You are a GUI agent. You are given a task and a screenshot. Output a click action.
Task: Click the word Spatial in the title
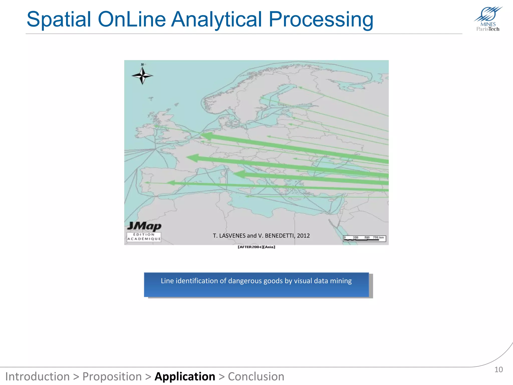(59, 20)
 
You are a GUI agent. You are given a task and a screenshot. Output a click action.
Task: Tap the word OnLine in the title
(132, 20)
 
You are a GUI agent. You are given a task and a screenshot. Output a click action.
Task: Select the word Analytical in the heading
(217, 20)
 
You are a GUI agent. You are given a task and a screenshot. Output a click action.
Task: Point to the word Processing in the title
(321, 20)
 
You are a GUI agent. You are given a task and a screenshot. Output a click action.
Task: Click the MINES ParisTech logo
(488, 19)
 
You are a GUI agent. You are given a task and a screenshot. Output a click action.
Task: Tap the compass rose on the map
(142, 75)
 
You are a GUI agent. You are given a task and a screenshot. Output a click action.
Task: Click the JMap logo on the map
(144, 226)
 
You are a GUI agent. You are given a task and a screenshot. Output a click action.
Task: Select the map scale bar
(364, 238)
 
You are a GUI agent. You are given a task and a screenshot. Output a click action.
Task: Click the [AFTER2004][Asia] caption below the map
(256, 247)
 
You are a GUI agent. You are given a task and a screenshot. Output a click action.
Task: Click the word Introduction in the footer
(38, 376)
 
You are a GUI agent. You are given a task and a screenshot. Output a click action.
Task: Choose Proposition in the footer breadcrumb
(112, 376)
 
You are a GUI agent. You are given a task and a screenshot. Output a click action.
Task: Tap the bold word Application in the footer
(185, 376)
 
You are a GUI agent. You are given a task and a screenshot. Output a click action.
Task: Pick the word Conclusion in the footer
(256, 376)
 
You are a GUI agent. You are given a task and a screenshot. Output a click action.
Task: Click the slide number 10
(498, 369)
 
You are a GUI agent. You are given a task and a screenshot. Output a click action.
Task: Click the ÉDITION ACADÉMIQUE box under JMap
(144, 237)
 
